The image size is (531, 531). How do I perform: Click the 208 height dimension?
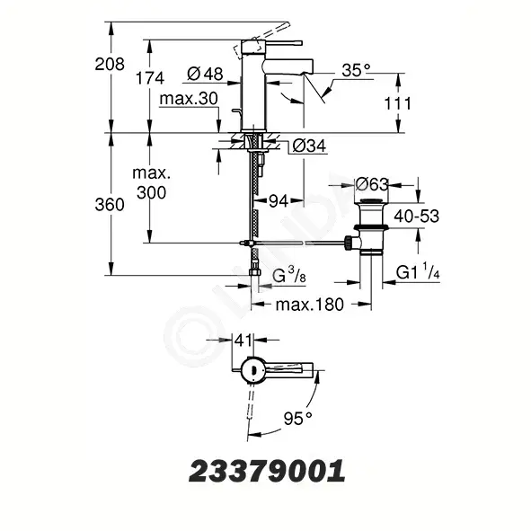pos(110,64)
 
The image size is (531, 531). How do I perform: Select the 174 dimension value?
pos(150,78)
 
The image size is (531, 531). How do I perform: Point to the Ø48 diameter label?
pos(205,74)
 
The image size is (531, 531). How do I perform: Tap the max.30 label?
pos(189,99)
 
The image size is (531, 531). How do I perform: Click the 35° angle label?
pos(356,70)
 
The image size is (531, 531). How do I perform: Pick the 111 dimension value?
pos(397,103)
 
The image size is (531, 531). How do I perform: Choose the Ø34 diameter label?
pos(309,146)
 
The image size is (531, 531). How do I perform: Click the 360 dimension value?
pos(110,205)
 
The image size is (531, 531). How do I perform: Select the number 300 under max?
pos(151,192)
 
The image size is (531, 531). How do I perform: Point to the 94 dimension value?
pos(279,201)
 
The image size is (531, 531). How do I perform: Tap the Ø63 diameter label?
pos(372,184)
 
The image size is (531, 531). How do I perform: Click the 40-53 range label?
pos(416,216)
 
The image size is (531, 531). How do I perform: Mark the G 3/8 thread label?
pos(289,275)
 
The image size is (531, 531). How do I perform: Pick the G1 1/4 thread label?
pos(418,271)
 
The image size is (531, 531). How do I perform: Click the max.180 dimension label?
pos(310,305)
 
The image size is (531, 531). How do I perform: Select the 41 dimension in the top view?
pos(243,340)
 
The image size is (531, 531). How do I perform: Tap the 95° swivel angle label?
pos(298,418)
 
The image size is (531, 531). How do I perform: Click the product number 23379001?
pos(267,471)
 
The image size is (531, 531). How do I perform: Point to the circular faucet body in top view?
pos(252,371)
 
